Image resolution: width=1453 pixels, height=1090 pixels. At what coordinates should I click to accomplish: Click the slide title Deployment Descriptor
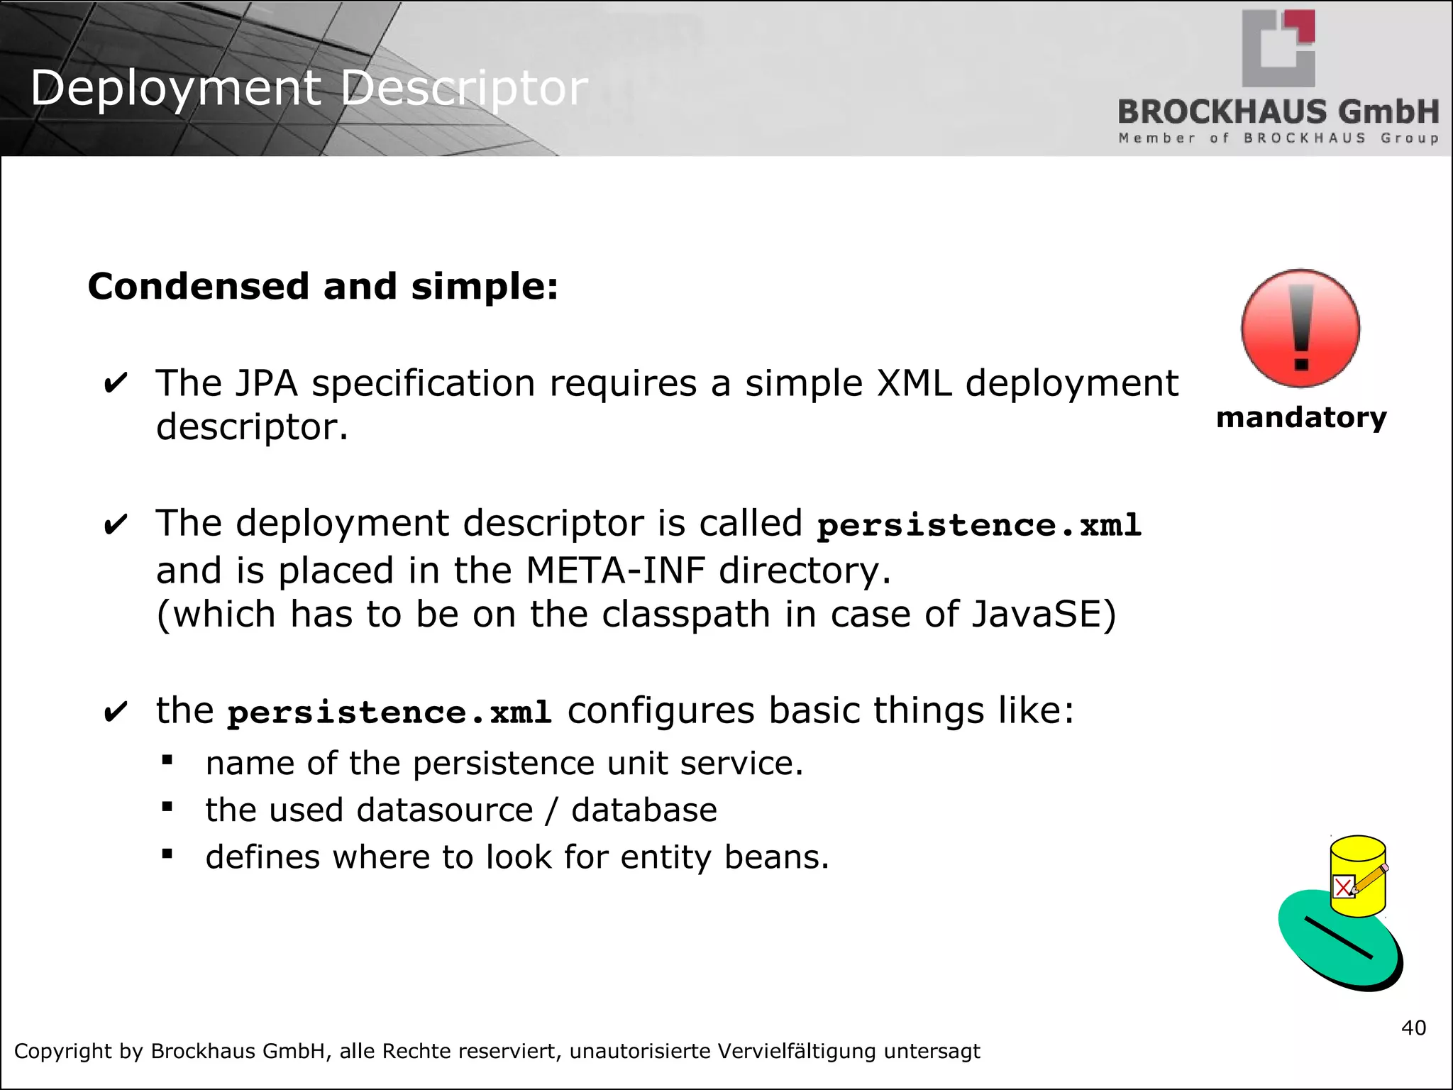309,89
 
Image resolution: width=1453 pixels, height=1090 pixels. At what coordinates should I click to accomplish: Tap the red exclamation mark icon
1300,329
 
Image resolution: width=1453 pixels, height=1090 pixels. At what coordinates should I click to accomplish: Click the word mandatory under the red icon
1300,417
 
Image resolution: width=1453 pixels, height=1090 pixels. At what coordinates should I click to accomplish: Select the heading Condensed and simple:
323,287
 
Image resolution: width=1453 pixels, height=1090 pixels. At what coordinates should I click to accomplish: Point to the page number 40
1413,1028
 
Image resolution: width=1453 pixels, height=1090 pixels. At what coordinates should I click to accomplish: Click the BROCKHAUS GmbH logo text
1278,112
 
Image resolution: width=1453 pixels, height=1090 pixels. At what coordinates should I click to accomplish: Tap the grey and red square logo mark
1278,48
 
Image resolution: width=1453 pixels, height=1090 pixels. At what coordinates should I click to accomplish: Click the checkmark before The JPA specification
116,384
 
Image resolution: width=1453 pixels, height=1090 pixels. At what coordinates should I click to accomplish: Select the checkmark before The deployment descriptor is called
116,525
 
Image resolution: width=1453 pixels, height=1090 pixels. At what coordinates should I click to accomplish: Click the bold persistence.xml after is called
978,525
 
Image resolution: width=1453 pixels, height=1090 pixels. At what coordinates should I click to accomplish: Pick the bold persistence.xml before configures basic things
390,712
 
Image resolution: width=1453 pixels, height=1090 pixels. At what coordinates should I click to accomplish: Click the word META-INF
616,571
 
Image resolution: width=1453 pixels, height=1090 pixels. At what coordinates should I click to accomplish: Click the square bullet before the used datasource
167,807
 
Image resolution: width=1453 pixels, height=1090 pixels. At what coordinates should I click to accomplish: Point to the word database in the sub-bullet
643,810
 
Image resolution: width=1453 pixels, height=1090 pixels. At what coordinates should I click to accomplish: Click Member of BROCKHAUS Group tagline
1278,138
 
